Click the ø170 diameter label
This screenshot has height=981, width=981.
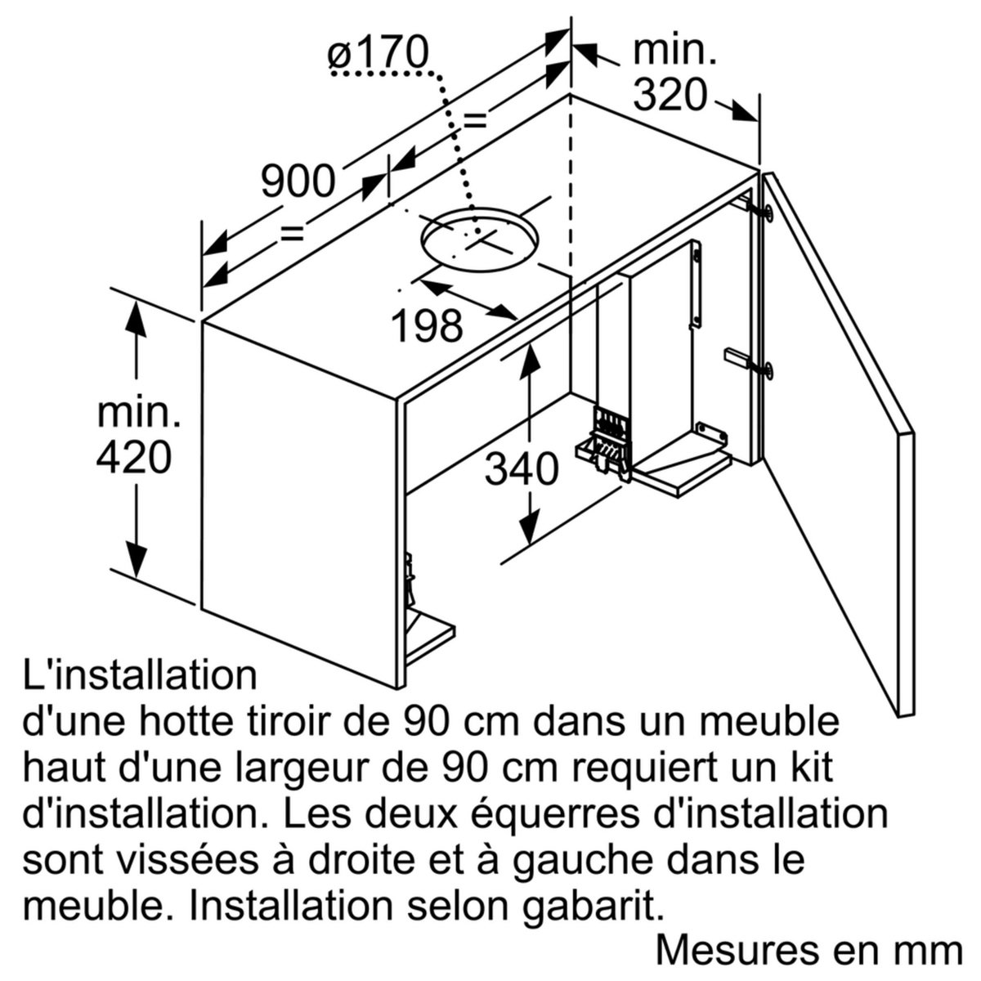tap(378, 54)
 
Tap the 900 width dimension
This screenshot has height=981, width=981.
tap(298, 181)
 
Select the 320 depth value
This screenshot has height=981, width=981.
tap(670, 96)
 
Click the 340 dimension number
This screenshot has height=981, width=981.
tap(523, 469)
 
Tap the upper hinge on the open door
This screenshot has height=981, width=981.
tap(768, 212)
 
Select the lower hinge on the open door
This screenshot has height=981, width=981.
tap(768, 370)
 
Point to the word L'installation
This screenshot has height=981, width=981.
tap(140, 676)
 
